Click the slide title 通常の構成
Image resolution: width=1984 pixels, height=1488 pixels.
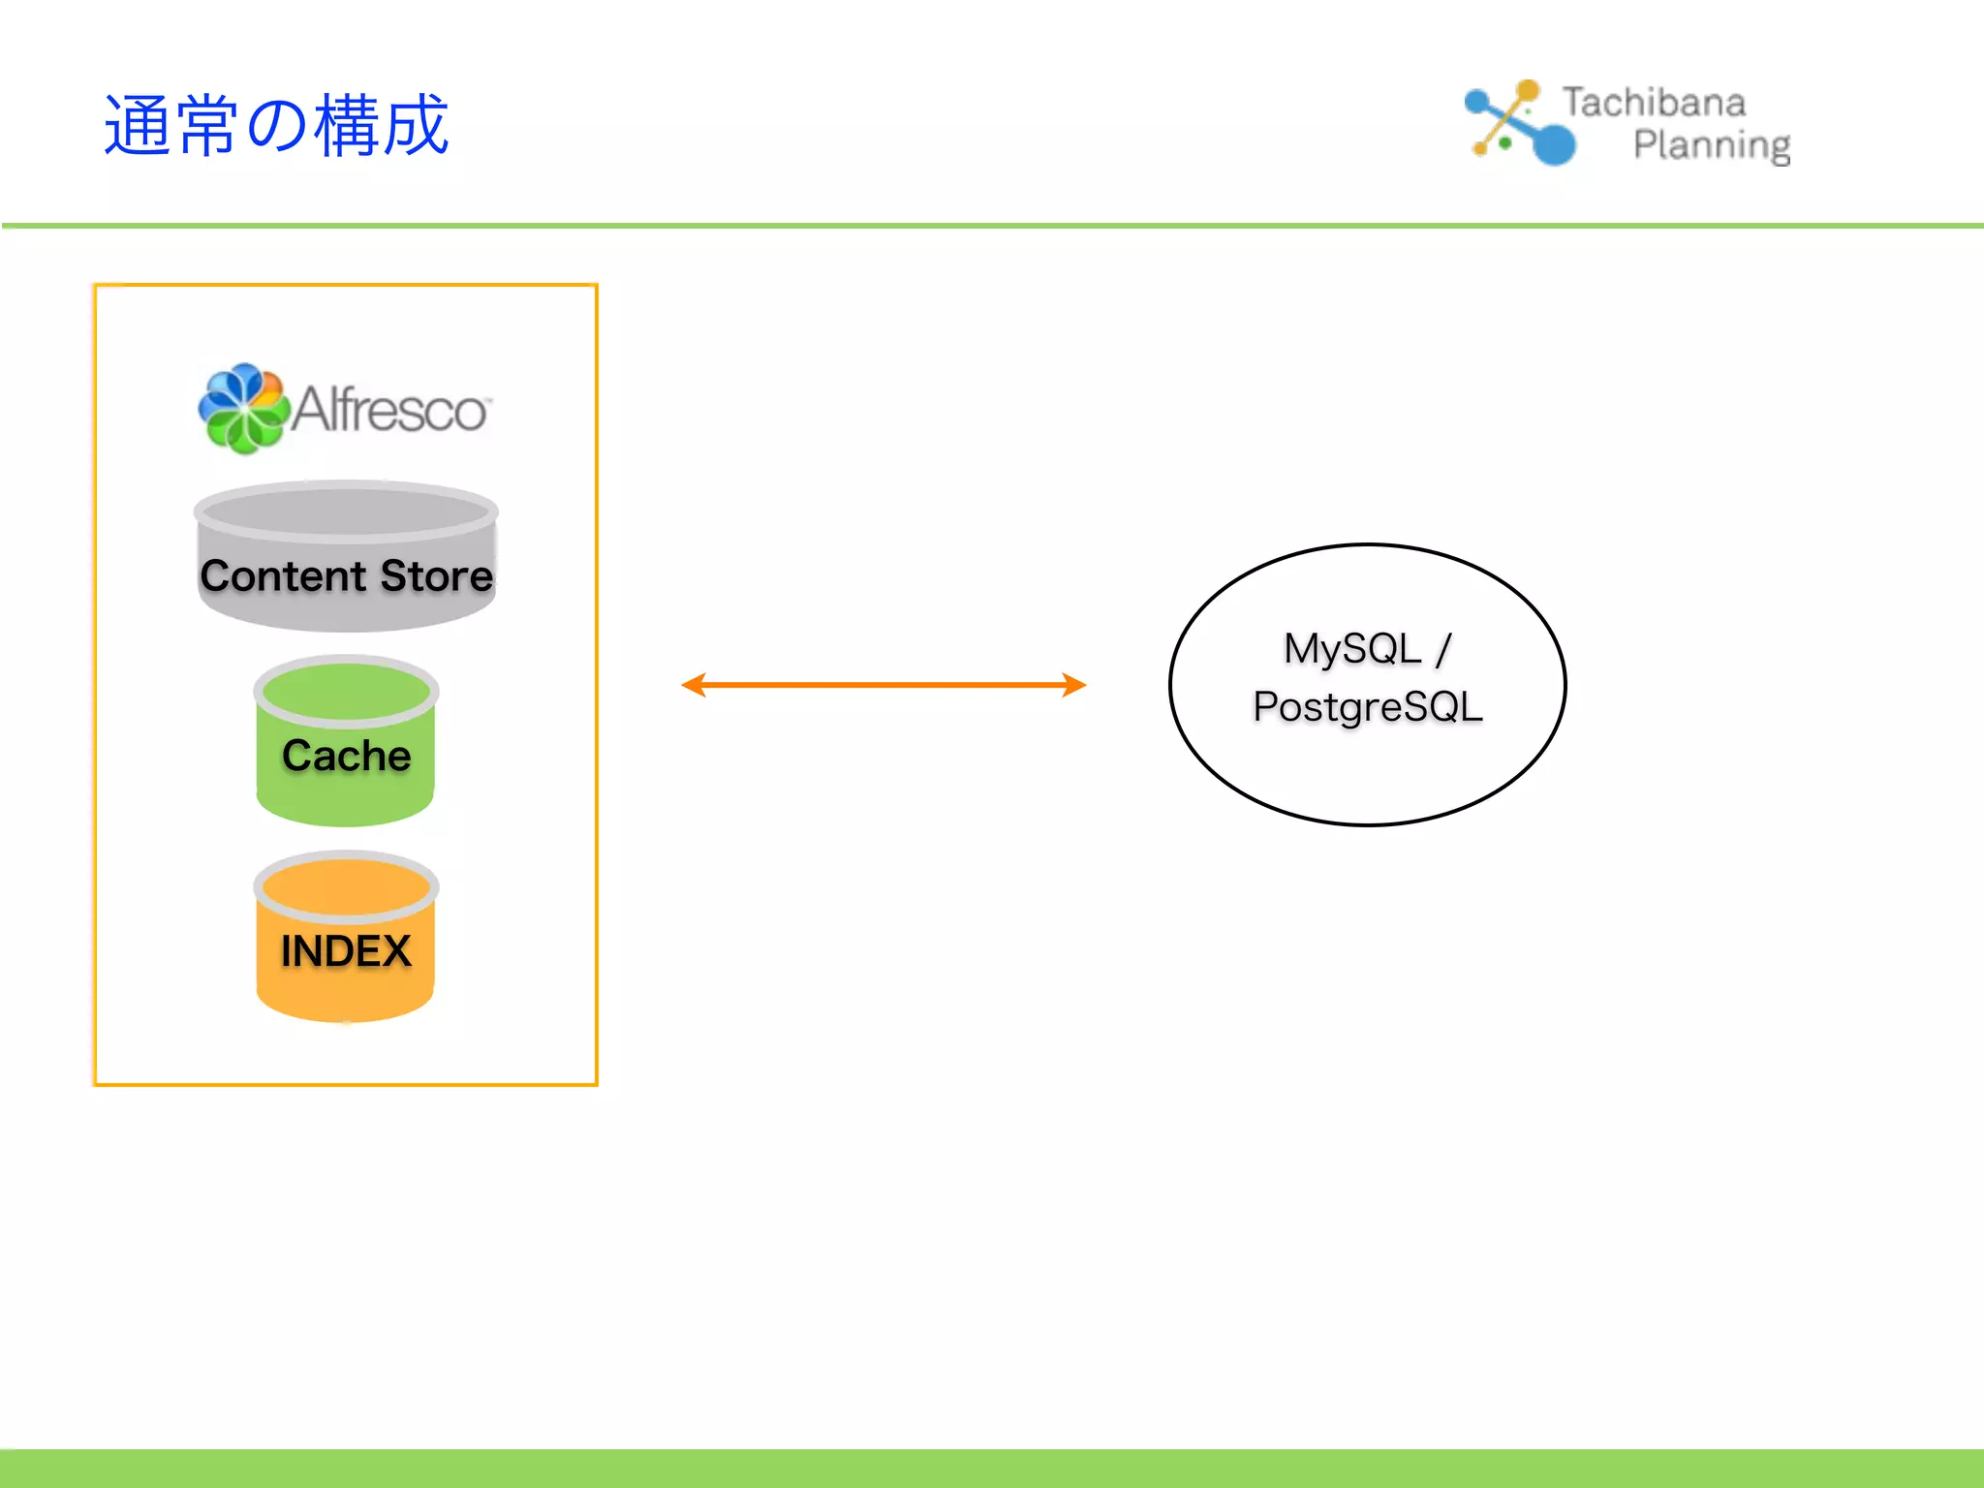pos(276,126)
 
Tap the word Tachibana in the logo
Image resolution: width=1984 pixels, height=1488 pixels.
pos(1654,103)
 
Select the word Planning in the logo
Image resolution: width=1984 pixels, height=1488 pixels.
pos(1711,145)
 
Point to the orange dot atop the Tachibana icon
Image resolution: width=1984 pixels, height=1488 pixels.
pos(1528,91)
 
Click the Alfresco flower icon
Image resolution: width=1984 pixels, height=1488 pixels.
pos(242,409)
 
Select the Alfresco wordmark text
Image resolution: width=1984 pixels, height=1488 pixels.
pos(389,410)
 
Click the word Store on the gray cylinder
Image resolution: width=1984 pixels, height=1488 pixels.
pos(437,576)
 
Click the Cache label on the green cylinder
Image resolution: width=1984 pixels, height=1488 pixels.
pos(346,756)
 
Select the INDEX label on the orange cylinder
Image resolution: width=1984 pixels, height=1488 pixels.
pos(346,951)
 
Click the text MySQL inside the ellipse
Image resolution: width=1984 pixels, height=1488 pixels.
pos(1351,649)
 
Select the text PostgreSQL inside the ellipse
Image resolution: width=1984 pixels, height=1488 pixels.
pos(1367,707)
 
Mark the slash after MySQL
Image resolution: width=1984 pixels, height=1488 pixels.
pos(1443,649)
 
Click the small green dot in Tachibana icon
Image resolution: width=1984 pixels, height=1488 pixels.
pos(1505,143)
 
